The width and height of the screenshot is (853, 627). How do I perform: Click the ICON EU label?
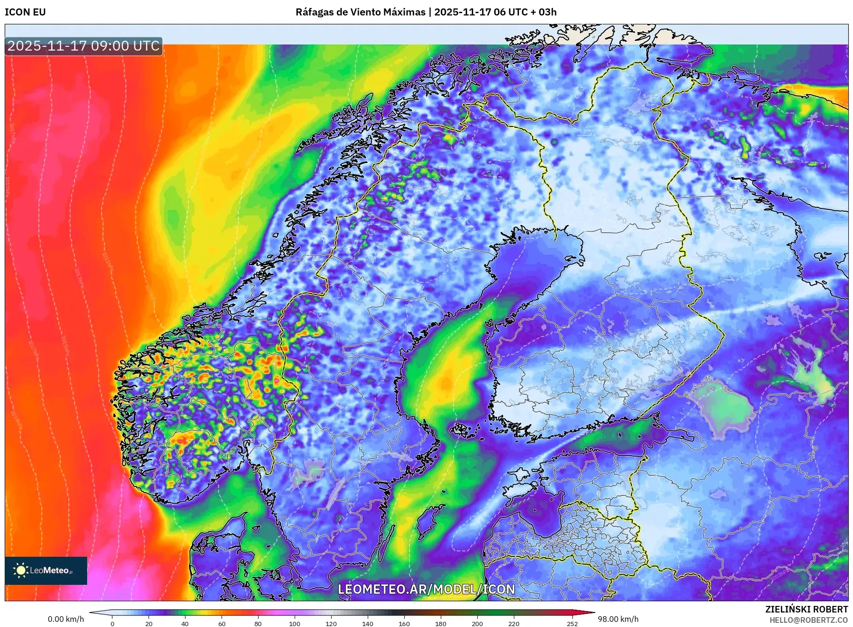[x=25, y=12]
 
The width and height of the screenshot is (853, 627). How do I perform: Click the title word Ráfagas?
[x=314, y=12]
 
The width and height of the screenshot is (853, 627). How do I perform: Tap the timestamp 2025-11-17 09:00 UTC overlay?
[x=83, y=46]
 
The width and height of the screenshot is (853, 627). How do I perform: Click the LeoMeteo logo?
[x=46, y=570]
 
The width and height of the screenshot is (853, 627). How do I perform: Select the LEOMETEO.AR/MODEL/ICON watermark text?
[x=426, y=589]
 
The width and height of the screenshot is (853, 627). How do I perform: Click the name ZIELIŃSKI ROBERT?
[x=806, y=609]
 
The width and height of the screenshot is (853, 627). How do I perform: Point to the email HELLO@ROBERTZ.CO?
[x=808, y=620]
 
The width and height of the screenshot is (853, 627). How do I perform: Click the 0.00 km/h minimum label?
[x=66, y=619]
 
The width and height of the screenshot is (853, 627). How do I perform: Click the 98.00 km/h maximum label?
[x=618, y=619]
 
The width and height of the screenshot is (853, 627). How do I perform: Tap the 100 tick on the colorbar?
[x=295, y=624]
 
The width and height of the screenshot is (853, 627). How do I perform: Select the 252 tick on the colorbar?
[x=572, y=624]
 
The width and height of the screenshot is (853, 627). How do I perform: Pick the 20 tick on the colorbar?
[x=149, y=624]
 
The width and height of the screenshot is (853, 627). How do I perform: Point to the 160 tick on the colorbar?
[x=404, y=624]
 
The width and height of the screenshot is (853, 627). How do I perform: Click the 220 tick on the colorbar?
[x=514, y=624]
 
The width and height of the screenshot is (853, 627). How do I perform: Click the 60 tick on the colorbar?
[x=222, y=624]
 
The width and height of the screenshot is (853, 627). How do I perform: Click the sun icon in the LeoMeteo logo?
[x=21, y=570]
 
